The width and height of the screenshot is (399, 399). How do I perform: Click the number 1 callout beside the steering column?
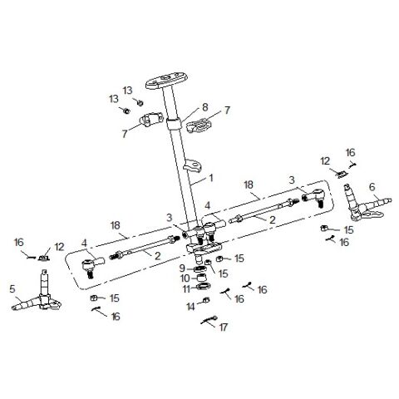pos(210,177)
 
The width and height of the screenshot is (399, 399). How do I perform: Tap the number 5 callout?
pos(12,290)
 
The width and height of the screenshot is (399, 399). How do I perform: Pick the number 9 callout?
pos(181,268)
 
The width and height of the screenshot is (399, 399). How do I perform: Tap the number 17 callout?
pos(223,327)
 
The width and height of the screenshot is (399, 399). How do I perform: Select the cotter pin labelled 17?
pos(209,320)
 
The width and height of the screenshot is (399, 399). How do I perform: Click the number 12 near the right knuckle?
pos(326,159)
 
